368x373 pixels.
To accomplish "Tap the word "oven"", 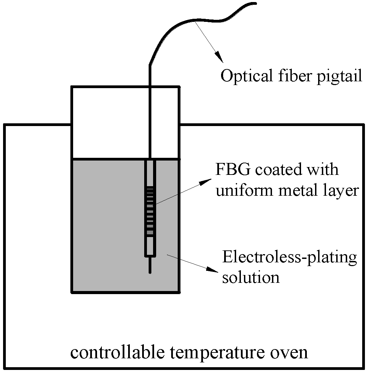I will (x=290, y=353).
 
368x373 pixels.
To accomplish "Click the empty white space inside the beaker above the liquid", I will (x=109, y=123).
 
